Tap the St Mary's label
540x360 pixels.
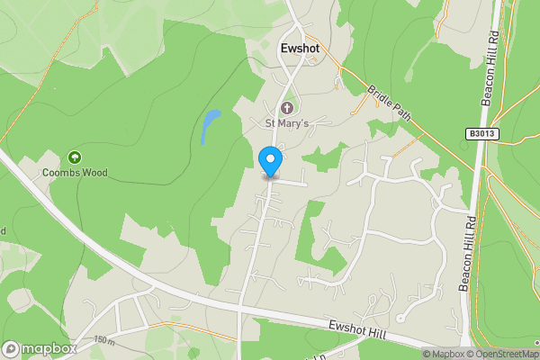pyautogui.click(x=286, y=123)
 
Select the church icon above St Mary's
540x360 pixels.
pyautogui.click(x=287, y=109)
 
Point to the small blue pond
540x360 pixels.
pyautogui.click(x=210, y=125)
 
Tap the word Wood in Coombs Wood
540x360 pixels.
pyautogui.click(x=96, y=171)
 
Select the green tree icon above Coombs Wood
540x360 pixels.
pyautogui.click(x=76, y=157)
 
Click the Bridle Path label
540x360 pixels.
pyautogui.click(x=388, y=104)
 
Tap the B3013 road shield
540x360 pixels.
pyautogui.click(x=482, y=134)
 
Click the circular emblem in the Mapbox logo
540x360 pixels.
pyautogui.click(x=12, y=349)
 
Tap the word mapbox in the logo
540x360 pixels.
pyautogui.click(x=50, y=349)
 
